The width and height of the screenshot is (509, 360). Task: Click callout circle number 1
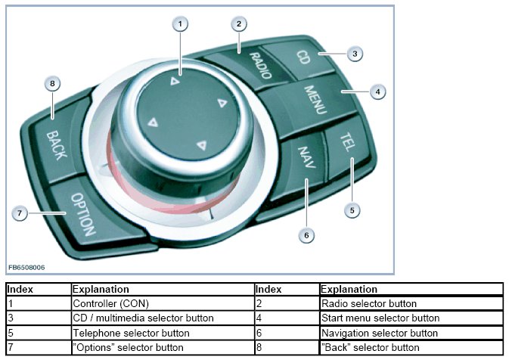coord(179,24)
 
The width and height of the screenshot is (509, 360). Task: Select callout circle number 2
coord(238,24)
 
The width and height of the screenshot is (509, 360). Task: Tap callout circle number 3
coord(355,54)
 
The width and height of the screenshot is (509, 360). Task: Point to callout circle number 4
coord(379,92)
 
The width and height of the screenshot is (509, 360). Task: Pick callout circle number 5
coord(351,210)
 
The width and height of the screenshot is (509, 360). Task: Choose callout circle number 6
coord(306,235)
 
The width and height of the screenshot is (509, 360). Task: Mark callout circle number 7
coord(21,213)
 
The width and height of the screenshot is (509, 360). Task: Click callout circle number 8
coord(52,84)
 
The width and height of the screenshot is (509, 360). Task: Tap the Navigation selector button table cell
coord(379,332)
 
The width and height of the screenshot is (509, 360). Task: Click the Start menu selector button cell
coord(379,318)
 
